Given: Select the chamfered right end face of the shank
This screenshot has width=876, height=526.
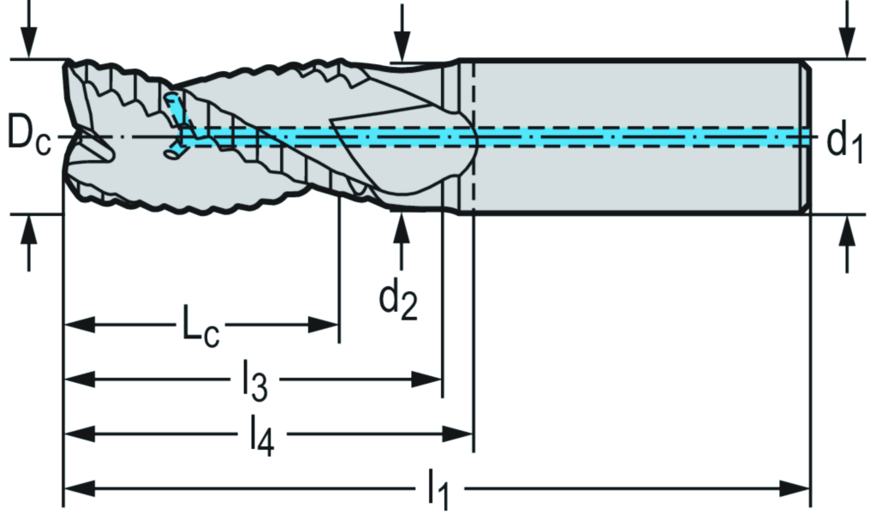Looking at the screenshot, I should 807,137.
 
